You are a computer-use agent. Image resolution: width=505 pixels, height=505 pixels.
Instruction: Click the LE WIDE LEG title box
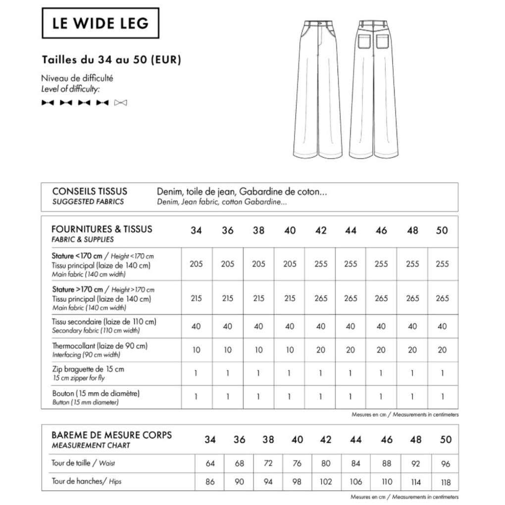coord(100,23)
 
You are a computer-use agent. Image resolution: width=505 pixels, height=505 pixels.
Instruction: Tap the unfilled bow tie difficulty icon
coord(120,102)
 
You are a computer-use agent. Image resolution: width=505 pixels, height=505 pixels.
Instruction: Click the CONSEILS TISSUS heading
coord(90,191)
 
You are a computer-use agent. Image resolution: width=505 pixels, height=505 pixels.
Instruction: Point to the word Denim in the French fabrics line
coord(168,191)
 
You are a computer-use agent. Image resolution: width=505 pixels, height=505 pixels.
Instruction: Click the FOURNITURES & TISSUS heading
coord(101,229)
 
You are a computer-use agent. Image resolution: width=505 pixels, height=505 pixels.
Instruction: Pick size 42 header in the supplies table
coord(321,231)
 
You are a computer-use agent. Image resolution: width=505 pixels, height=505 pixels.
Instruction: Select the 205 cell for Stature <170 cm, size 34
coord(196,264)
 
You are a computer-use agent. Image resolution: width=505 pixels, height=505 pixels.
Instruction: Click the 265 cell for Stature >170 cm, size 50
coord(442,298)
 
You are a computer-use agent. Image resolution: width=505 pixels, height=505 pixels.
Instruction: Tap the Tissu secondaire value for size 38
coord(258,326)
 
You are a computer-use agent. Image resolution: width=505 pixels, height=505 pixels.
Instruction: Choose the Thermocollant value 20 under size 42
coord(321,350)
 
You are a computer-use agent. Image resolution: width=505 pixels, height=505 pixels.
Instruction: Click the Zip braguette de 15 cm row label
coord(88,369)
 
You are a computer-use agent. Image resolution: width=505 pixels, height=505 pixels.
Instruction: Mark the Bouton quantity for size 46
coord(381,397)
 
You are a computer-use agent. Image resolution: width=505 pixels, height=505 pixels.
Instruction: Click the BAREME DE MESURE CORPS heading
coord(112,435)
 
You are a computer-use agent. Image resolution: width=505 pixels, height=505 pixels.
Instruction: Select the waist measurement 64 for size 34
coord(210,463)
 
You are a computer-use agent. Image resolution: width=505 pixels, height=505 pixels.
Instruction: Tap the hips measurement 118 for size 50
coord(446,482)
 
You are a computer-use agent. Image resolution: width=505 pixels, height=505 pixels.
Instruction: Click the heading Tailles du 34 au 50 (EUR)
coord(111,60)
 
